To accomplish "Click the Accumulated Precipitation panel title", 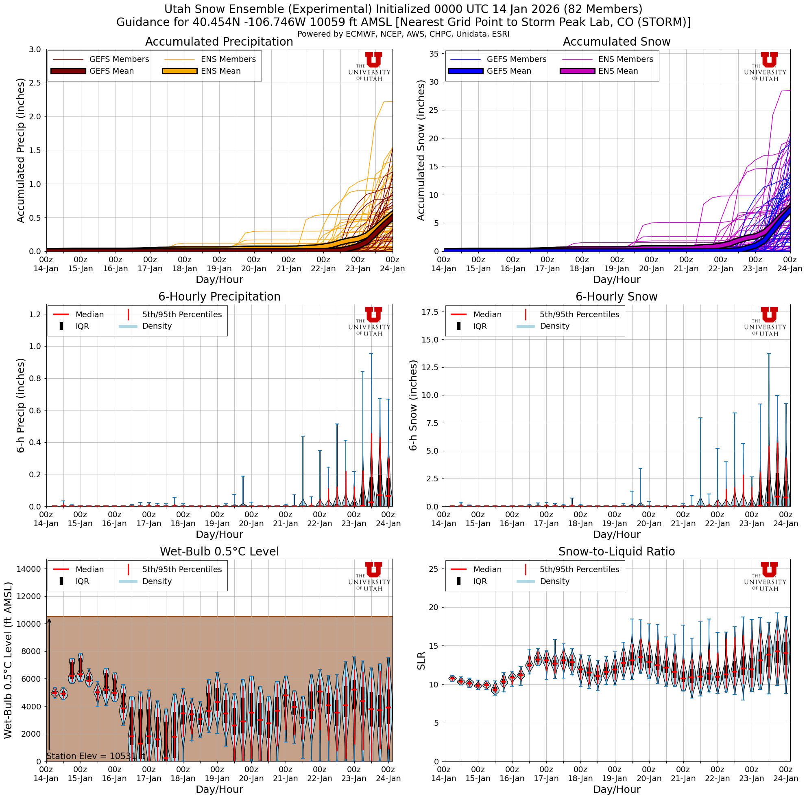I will click(219, 42).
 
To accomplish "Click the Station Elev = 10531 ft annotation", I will click(96, 756).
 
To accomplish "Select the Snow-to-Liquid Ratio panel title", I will click(616, 551).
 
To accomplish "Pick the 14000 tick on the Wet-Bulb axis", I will click(29, 569).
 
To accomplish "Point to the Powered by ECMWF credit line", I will click(403, 34).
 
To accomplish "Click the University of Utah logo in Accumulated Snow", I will click(765, 66).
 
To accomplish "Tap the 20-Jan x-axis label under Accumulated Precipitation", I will click(253, 268).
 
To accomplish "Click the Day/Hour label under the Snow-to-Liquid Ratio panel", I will click(616, 789).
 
